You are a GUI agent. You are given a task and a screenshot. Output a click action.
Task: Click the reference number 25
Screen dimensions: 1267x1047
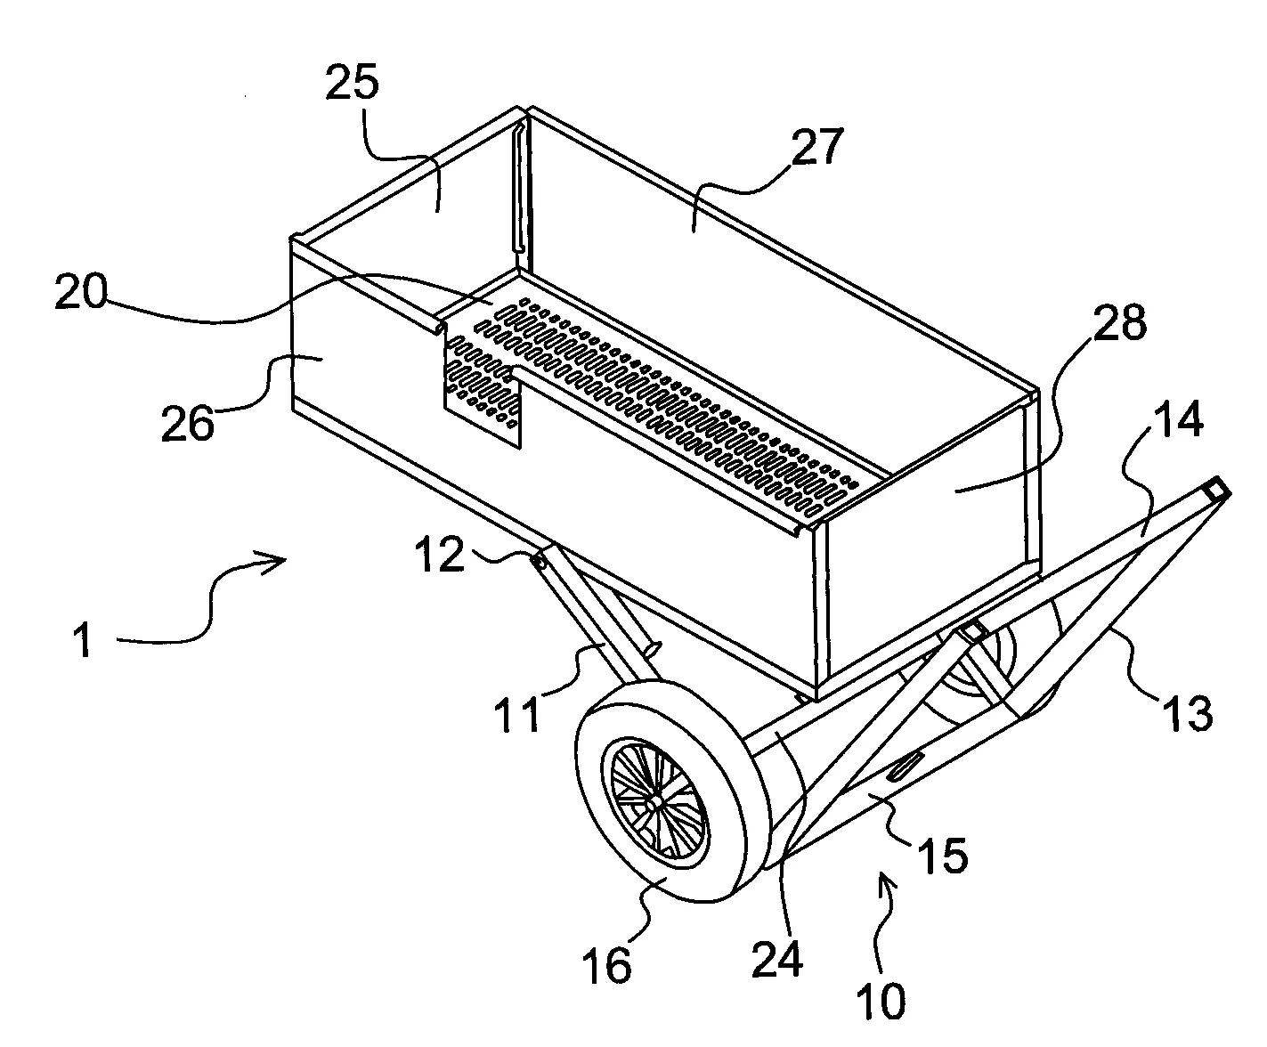[x=352, y=82]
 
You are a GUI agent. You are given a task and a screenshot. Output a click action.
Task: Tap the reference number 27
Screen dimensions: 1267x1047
[x=817, y=146]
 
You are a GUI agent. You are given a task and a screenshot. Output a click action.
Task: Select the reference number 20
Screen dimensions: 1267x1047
[x=81, y=291]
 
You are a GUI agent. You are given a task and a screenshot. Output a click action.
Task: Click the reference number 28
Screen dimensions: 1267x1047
[x=1120, y=323]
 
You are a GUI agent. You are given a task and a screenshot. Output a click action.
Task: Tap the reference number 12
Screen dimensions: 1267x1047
[x=440, y=554]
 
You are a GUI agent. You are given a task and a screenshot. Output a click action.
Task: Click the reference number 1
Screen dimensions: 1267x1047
[x=83, y=641]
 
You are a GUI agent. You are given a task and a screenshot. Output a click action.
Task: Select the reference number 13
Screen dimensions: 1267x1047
[x=1187, y=714]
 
